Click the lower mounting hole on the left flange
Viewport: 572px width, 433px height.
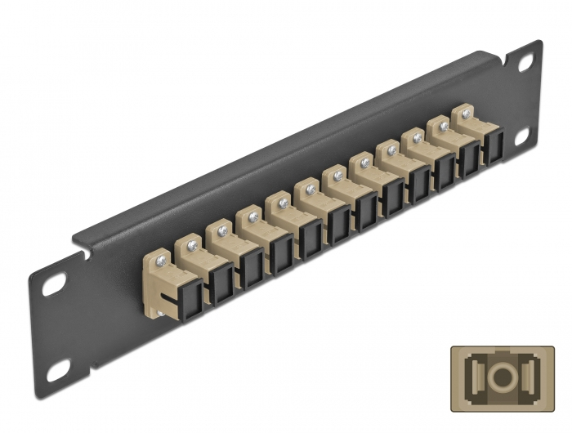58,373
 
